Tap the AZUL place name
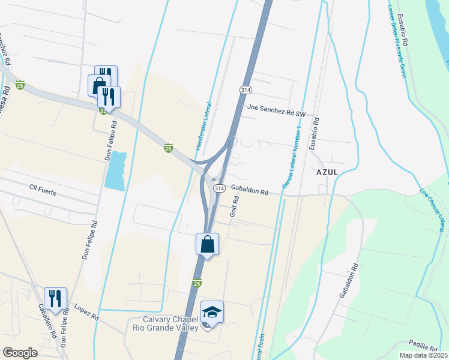tap(327, 171)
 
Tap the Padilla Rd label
tap(424, 346)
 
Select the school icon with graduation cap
tap(212, 312)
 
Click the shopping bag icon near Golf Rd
tap(207, 244)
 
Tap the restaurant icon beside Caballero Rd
tap(55, 298)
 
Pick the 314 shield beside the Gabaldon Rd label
tap(220, 188)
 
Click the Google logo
tap(20, 352)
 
